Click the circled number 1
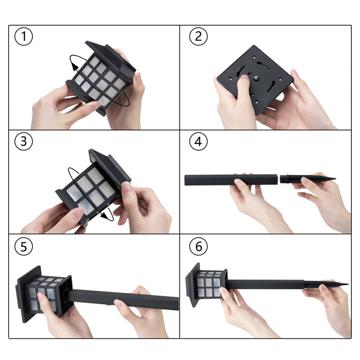click(24, 36)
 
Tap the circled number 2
click(198, 36)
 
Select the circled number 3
click(24, 141)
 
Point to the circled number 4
click(198, 141)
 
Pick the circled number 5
click(24, 246)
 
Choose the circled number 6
click(198, 246)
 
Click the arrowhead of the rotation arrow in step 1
click(74, 66)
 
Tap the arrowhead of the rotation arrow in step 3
click(105, 216)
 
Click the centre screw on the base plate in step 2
click(256, 78)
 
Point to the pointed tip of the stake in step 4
click(335, 178)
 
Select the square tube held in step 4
click(231, 180)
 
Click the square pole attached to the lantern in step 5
click(124, 299)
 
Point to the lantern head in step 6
click(207, 284)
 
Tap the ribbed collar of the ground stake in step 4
click(284, 179)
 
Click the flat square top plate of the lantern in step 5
click(29, 294)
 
